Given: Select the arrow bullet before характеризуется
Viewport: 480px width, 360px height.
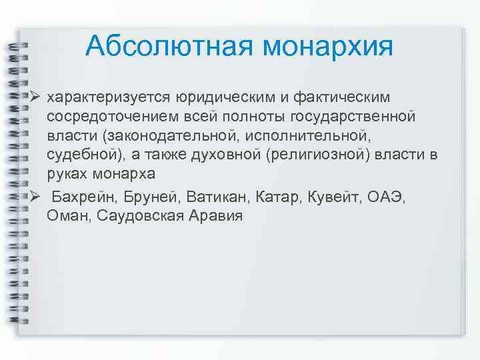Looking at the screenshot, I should click(36, 97).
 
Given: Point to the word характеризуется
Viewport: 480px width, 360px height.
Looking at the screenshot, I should click(109, 98).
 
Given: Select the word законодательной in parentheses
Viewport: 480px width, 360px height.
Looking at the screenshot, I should click(156, 137).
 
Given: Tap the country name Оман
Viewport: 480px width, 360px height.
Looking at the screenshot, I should click(69, 217).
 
